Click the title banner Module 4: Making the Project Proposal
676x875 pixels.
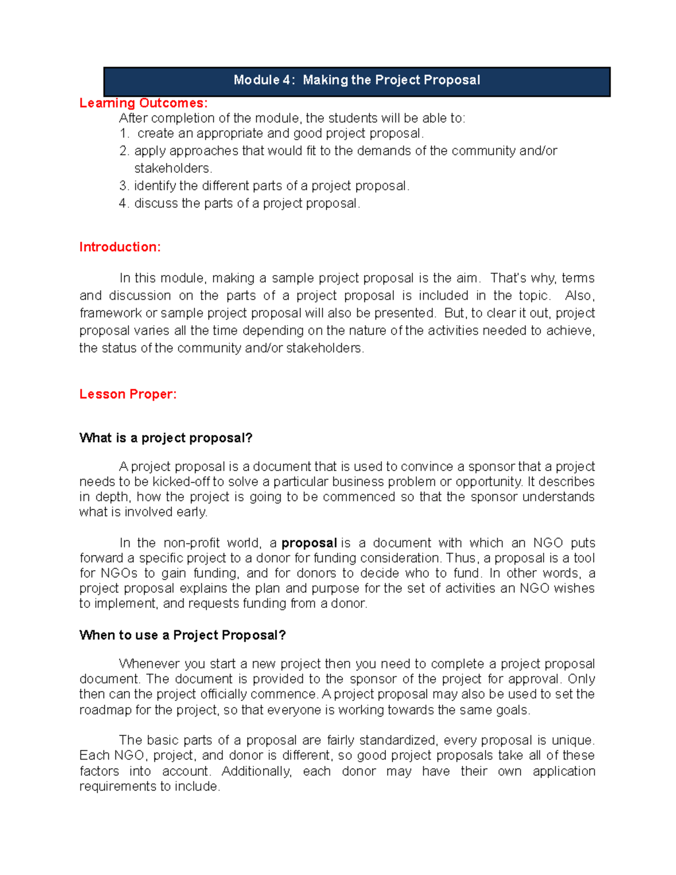tap(357, 80)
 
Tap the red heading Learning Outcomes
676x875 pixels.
tap(143, 103)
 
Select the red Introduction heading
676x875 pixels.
tap(119, 247)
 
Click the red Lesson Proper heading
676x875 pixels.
tap(128, 394)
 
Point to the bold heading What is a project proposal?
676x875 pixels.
tap(166, 438)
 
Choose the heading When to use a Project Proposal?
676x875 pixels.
tap(183, 635)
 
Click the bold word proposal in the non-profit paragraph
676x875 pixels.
tap(309, 543)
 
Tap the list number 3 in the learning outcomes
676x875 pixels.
tap(123, 186)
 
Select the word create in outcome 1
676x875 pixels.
tap(155, 134)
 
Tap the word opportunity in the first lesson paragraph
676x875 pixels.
tap(488, 482)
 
